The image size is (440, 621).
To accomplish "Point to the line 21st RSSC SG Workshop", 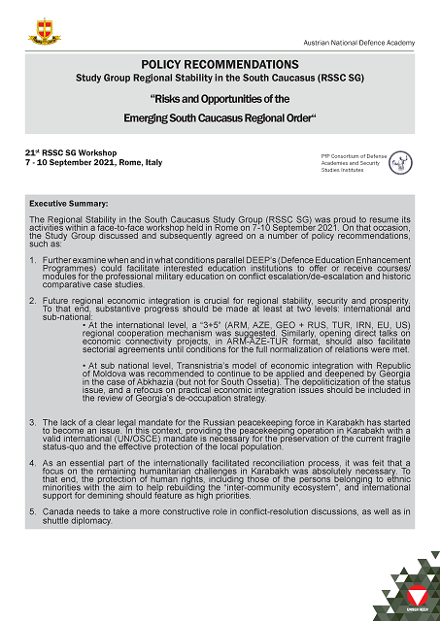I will tap(78, 154).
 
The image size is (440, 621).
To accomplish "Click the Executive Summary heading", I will tap(69, 204).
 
